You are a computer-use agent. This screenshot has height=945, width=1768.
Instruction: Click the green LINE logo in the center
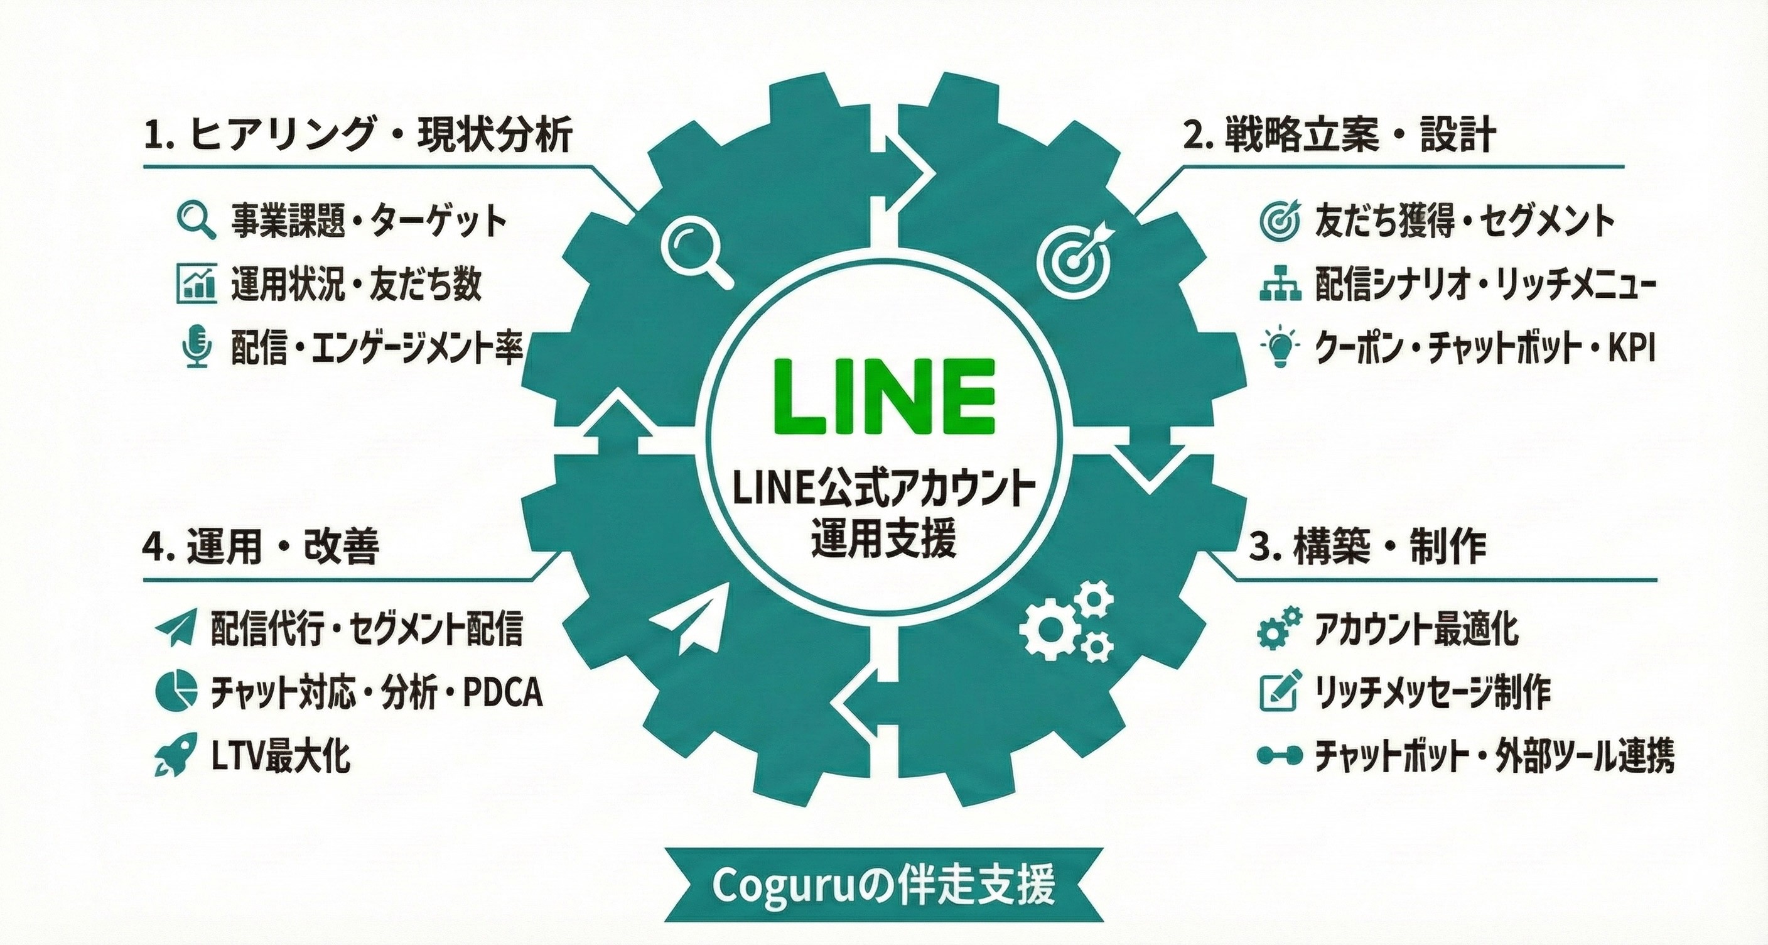(x=884, y=396)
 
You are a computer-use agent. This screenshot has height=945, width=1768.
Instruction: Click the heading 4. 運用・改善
(x=261, y=547)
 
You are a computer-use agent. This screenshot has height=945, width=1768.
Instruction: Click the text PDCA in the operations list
(x=503, y=692)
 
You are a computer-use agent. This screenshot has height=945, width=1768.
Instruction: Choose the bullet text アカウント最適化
(x=1416, y=628)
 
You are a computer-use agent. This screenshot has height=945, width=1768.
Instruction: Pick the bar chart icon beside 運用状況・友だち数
(x=197, y=283)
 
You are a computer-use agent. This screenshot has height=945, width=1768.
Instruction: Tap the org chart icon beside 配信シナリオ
(x=1280, y=283)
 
